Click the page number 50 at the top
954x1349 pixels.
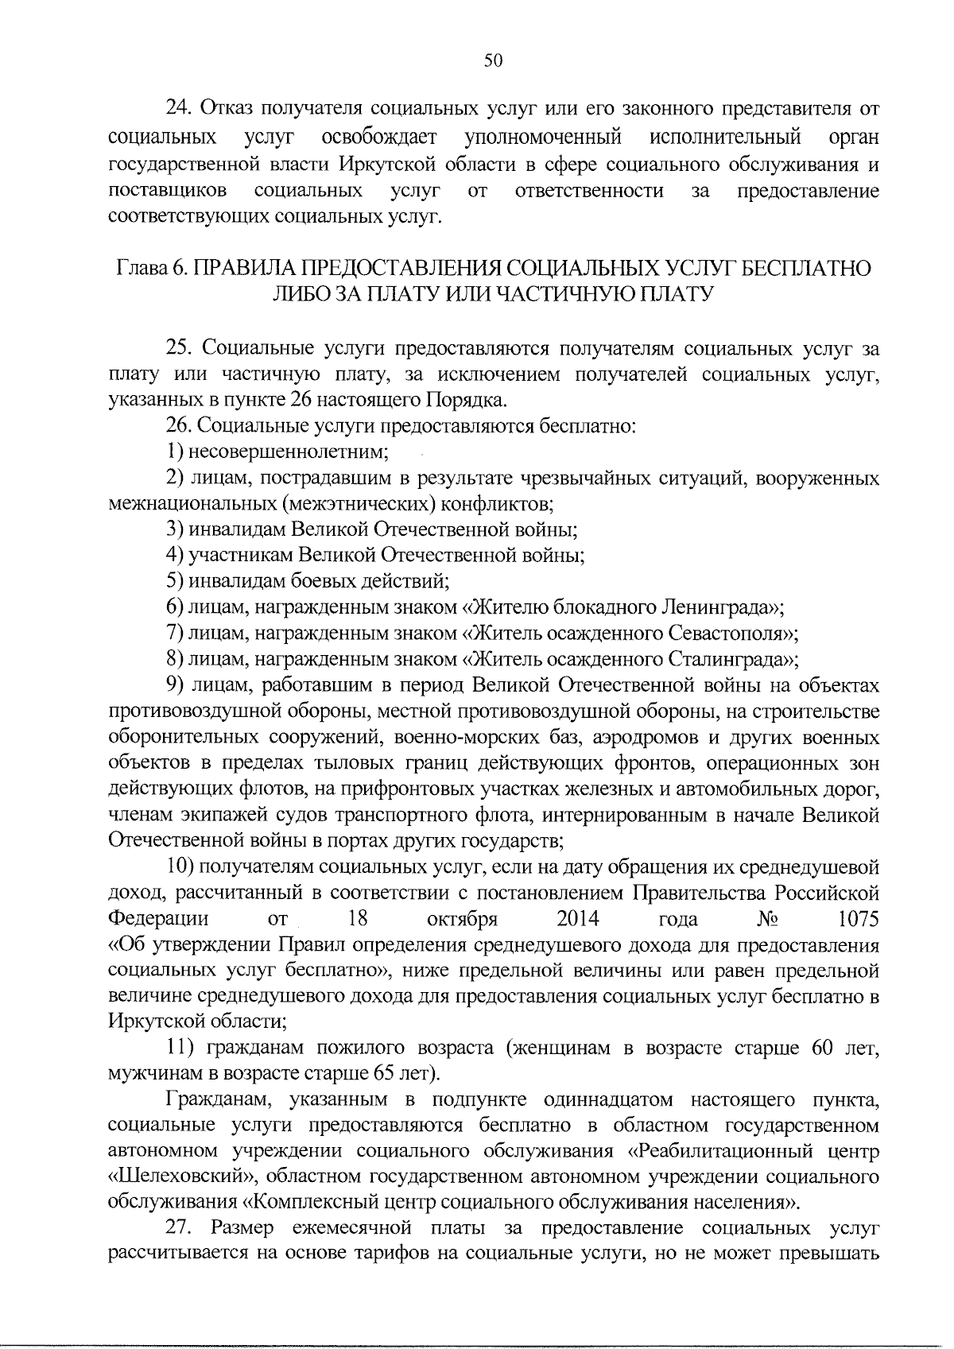click(493, 61)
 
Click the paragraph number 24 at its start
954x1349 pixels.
click(176, 107)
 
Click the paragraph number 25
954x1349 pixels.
click(176, 347)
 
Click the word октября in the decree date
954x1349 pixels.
click(462, 919)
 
